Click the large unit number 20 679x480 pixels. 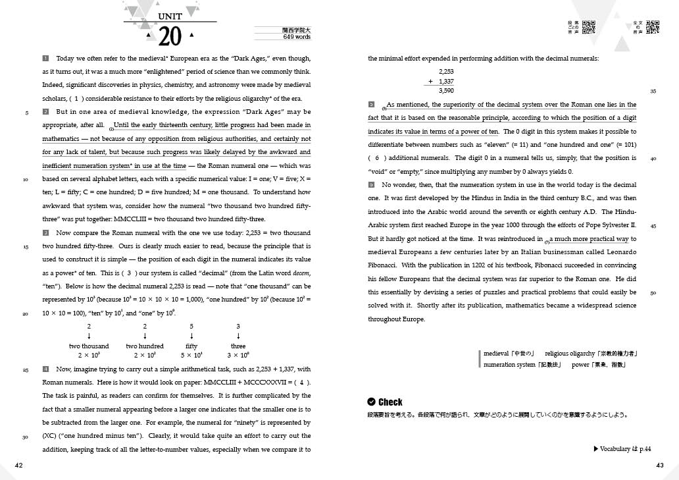point(170,37)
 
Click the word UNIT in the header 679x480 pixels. point(170,16)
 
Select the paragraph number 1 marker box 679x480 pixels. point(45,59)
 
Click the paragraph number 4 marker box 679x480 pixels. point(45,370)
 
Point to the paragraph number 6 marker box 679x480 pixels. point(372,185)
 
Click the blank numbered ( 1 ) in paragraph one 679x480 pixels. point(77,99)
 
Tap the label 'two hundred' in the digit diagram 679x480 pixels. point(145,346)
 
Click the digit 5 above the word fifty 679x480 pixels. point(191,327)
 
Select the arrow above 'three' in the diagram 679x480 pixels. point(238,336)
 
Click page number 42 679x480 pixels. point(19,465)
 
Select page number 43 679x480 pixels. point(660,465)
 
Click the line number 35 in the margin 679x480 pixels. point(653,91)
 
